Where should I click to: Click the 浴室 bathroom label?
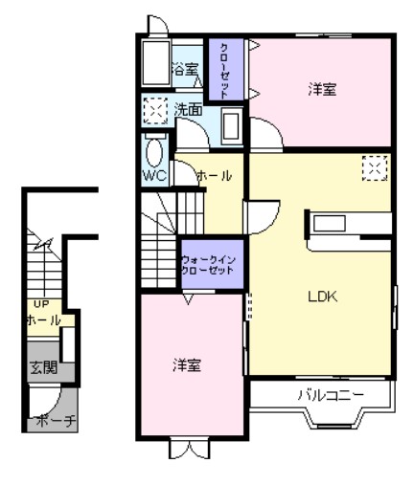184,70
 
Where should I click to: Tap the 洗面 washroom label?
187,111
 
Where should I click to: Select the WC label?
153,177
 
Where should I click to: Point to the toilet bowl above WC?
153,151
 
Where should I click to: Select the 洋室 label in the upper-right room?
322,89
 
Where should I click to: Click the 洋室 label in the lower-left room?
186,364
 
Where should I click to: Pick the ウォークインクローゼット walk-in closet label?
209,265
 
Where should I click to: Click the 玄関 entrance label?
41,365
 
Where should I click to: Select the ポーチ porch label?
44,420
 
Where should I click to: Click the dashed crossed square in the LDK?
374,168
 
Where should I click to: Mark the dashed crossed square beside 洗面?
154,112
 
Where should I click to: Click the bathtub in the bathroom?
153,63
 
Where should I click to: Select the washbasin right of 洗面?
230,125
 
